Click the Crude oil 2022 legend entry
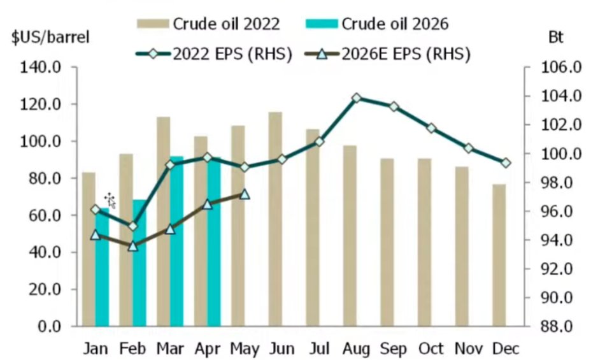coord(208,24)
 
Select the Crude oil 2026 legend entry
coord(377,24)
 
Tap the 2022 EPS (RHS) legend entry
coord(214,54)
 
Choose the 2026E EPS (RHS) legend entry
coord(387,54)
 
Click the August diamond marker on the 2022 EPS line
coord(357,98)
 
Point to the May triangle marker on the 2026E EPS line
coord(245,194)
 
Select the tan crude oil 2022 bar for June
coord(275,219)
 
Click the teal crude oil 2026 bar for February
coord(139,263)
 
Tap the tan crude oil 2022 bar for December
coord(499,256)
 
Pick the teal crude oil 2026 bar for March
coord(176,241)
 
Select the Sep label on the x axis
coord(394,349)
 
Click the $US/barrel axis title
coord(50,38)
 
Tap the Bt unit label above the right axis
coord(555,38)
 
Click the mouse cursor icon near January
coord(110,200)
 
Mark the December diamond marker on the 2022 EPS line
coord(506,163)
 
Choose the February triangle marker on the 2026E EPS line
coord(132,246)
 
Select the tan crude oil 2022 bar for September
coord(387,242)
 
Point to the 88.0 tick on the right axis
coord(557,326)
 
